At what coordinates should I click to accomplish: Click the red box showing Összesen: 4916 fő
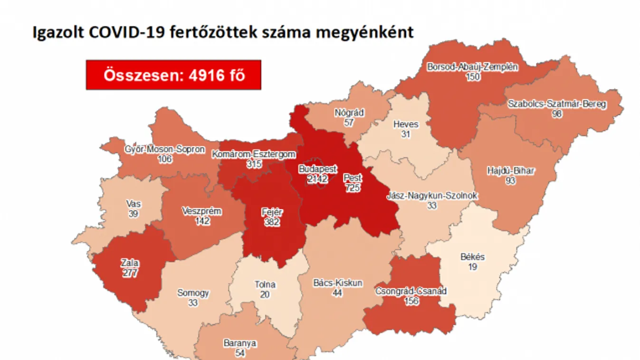pyautogui.click(x=173, y=75)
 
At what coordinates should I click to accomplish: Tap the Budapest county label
pyautogui.click(x=317, y=169)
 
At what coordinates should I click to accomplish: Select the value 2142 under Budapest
pyautogui.click(x=317, y=179)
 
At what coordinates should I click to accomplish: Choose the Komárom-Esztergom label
pyautogui.click(x=254, y=154)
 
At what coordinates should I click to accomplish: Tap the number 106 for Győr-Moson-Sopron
pyautogui.click(x=166, y=159)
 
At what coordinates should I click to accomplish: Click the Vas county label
pyautogui.click(x=134, y=204)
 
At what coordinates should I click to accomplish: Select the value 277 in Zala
pyautogui.click(x=129, y=273)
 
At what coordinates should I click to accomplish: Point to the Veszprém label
pyautogui.click(x=201, y=211)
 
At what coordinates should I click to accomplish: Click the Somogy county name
pyautogui.click(x=193, y=293)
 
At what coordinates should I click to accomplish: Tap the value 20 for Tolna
pyautogui.click(x=265, y=294)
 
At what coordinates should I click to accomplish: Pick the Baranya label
pyautogui.click(x=240, y=343)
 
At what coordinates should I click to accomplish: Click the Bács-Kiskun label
pyautogui.click(x=338, y=283)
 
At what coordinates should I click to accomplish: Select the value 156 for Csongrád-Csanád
pyautogui.click(x=411, y=301)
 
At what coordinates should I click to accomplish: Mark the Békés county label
pyautogui.click(x=472, y=257)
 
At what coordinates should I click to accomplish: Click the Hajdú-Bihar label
pyautogui.click(x=510, y=171)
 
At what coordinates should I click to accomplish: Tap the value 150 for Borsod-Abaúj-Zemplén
pyautogui.click(x=473, y=76)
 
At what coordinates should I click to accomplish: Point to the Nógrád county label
pyautogui.click(x=349, y=113)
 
